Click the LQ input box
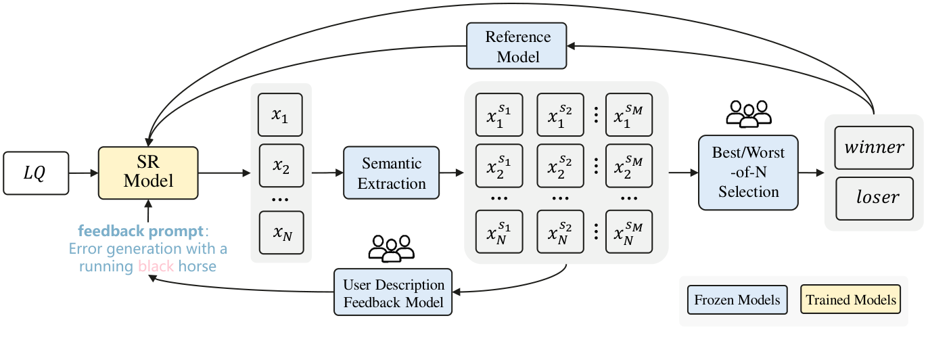tap(36, 174)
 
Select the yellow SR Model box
tap(148, 173)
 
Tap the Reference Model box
tap(517, 47)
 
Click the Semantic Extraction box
tap(391, 173)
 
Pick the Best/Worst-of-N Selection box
tap(748, 173)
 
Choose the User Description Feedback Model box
tap(393, 292)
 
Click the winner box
tap(874, 148)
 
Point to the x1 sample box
tap(281, 116)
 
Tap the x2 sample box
tap(281, 165)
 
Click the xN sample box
tap(281, 232)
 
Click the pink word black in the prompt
tap(156, 267)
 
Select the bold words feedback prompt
tap(139, 231)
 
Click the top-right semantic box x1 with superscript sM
tap(628, 115)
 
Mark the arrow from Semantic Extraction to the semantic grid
tap(451, 173)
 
